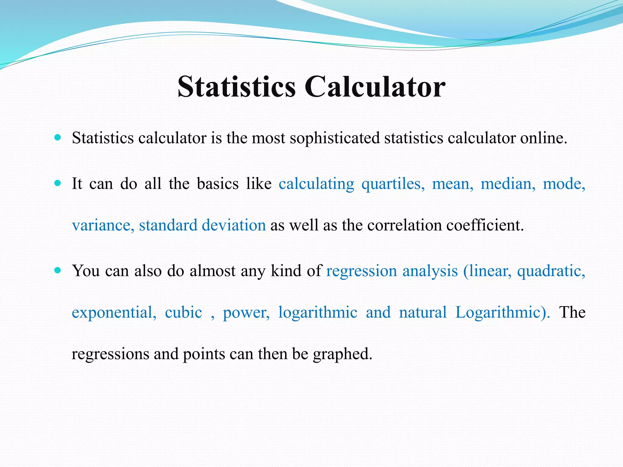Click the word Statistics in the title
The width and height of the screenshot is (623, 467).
point(236,87)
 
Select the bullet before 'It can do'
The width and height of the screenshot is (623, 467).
point(57,183)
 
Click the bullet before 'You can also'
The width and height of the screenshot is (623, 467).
point(57,270)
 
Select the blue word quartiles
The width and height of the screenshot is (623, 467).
point(392,184)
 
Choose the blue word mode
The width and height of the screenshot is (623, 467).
point(563,184)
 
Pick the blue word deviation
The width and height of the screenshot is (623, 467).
point(234,225)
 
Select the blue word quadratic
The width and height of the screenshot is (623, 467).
point(551,271)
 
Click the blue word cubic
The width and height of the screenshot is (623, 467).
point(183,313)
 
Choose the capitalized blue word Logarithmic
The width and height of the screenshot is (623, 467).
point(502,313)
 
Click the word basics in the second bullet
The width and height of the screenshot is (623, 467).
point(218,184)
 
